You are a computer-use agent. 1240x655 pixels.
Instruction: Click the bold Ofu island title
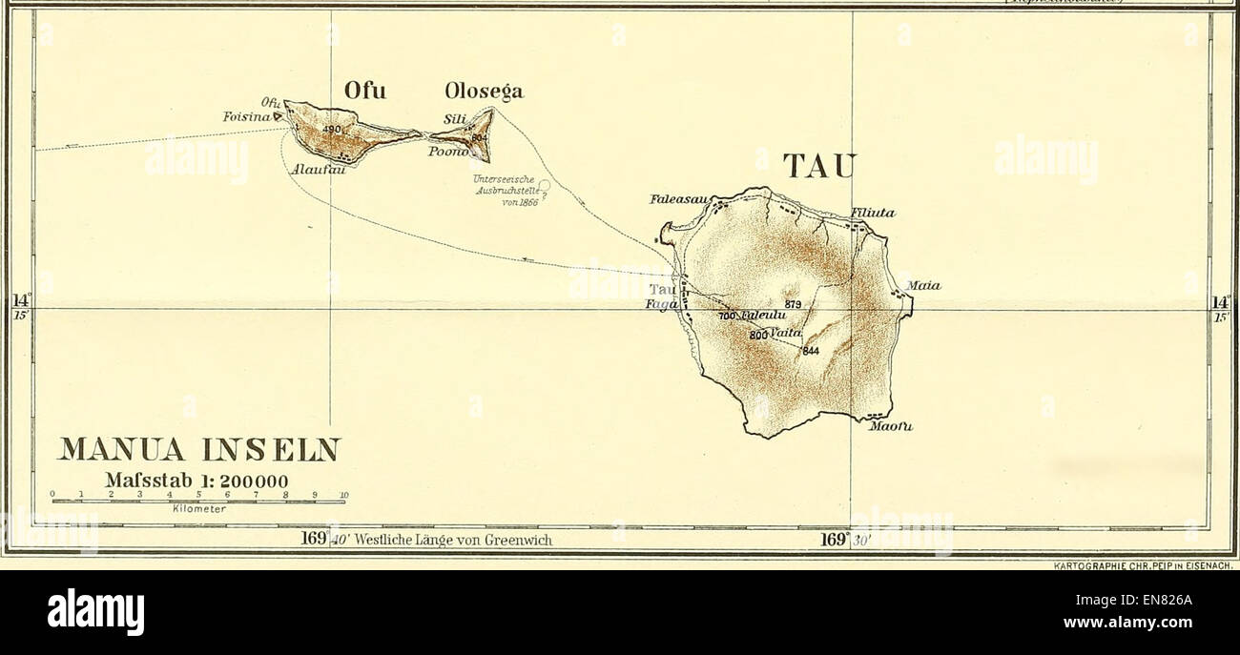point(365,92)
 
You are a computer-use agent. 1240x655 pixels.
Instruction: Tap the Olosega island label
point(484,92)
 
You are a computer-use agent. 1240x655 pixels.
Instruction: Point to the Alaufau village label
point(320,168)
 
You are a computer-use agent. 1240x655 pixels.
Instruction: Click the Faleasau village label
point(676,200)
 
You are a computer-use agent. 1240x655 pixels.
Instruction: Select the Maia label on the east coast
point(923,284)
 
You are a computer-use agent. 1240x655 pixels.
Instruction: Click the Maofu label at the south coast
point(891,426)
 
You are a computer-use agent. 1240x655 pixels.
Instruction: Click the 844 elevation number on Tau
point(811,351)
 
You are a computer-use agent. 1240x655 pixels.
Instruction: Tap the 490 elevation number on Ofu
point(331,130)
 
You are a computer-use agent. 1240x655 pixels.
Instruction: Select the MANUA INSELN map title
point(198,449)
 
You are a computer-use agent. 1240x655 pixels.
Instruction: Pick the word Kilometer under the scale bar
point(198,509)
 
